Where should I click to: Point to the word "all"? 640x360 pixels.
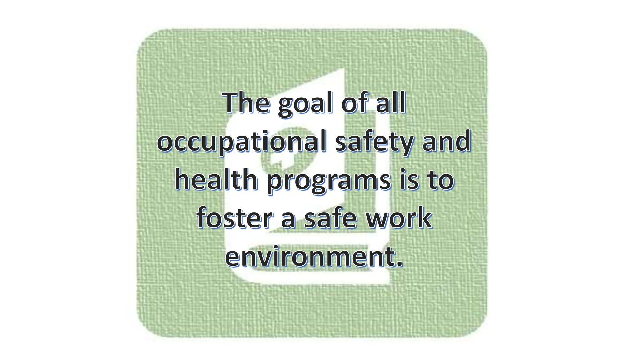[391, 102]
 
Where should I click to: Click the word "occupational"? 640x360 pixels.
[242, 142]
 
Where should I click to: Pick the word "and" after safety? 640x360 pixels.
[447, 141]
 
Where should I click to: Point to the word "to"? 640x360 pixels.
[441, 180]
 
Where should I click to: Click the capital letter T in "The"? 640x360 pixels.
[232, 102]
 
